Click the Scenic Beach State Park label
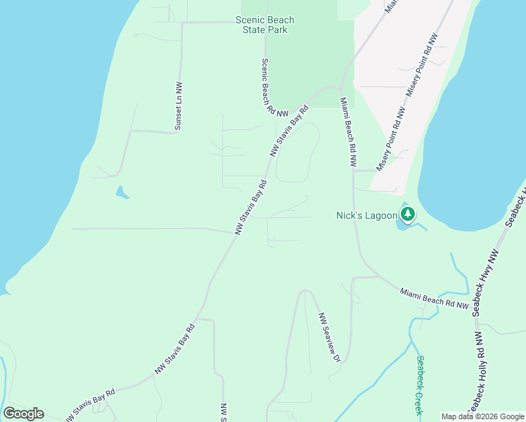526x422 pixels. (x=265, y=25)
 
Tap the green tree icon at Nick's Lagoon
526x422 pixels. (x=407, y=214)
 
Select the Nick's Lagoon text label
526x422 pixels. (x=366, y=216)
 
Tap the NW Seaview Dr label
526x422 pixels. (x=329, y=338)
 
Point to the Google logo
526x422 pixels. (x=23, y=414)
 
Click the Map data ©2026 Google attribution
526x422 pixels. (x=482, y=416)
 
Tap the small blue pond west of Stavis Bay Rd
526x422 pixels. (x=122, y=192)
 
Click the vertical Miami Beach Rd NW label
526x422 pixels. (x=349, y=132)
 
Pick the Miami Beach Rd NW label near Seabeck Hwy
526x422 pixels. (x=435, y=298)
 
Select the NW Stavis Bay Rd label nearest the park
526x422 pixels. (x=289, y=132)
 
